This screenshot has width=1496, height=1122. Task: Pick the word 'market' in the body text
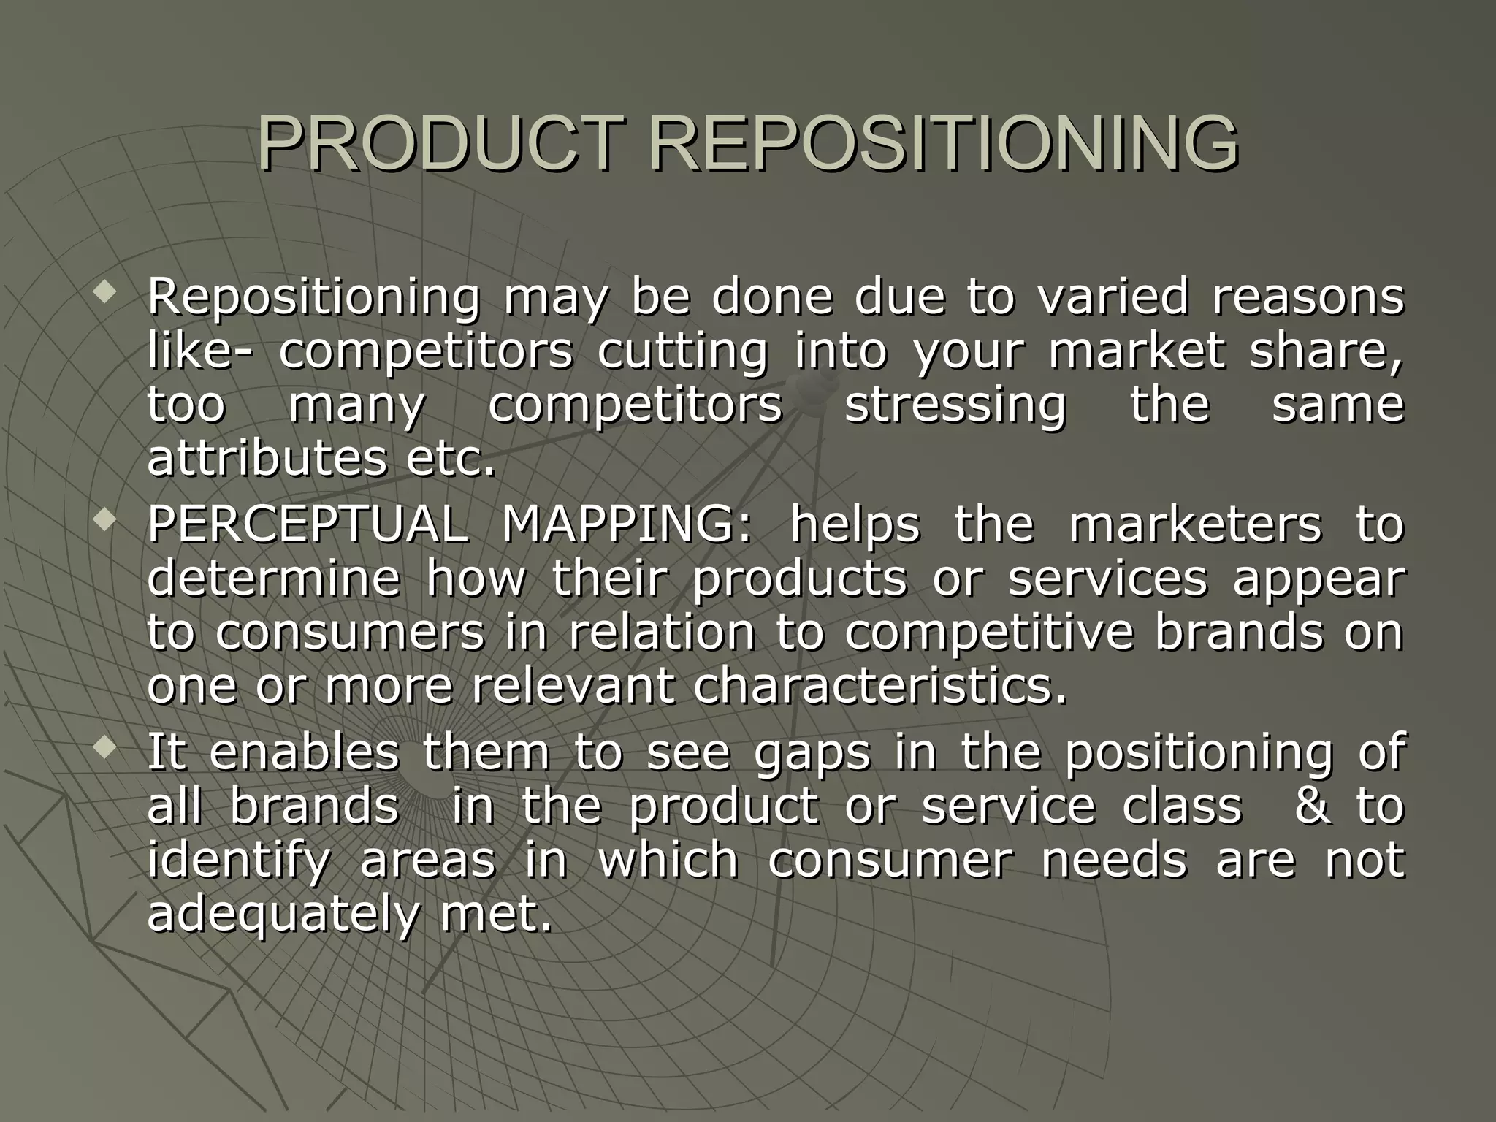1136,351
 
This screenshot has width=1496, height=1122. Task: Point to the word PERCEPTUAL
308,524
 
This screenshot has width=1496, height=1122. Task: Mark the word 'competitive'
989,632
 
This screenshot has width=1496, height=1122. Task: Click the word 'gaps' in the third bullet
811,752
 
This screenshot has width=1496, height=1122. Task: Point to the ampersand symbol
1313,806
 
